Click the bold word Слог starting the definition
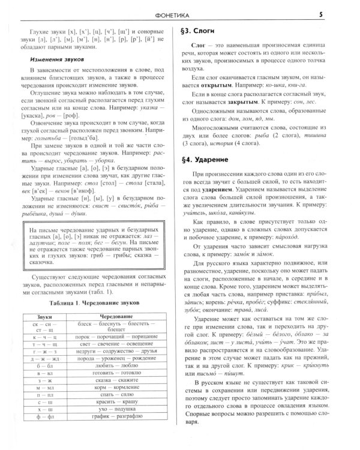(199, 45)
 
